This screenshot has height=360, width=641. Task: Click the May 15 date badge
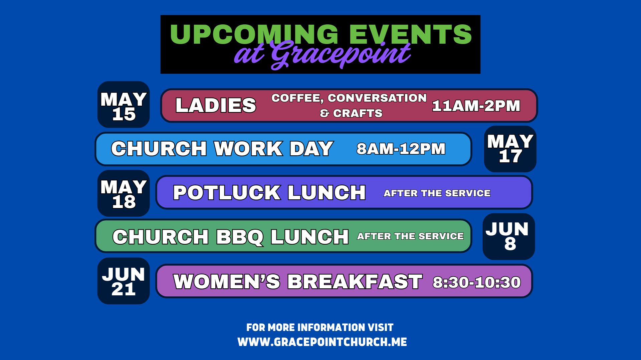[124, 104]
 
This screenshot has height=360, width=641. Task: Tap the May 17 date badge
[510, 149]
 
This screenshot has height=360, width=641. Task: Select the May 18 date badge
[124, 193]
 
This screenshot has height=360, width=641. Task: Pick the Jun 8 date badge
[509, 237]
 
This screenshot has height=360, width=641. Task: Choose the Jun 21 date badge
[124, 281]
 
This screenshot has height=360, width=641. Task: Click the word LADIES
[216, 105]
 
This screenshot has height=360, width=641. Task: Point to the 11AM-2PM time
[476, 106]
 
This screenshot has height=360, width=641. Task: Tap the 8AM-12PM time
[401, 149]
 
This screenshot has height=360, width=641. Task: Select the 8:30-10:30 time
[477, 282]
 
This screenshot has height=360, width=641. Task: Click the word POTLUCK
[227, 193]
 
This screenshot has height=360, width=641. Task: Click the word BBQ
[239, 237]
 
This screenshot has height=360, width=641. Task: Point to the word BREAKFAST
[355, 282]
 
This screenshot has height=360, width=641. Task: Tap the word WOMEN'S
[227, 282]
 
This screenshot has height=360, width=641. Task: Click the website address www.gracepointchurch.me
[322, 342]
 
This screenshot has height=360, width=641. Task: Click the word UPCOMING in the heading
[254, 34]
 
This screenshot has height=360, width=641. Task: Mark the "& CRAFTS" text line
[351, 113]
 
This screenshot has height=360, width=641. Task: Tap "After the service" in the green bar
[410, 236]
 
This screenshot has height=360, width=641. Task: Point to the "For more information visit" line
[320, 328]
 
